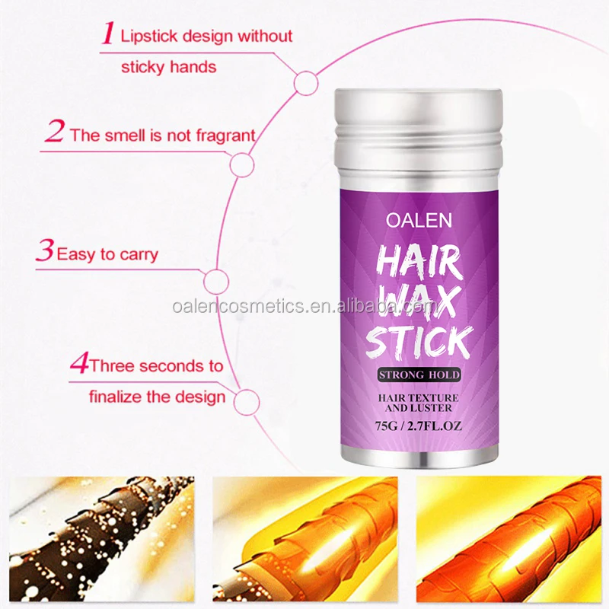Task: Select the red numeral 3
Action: coord(45,251)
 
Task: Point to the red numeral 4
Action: coord(78,364)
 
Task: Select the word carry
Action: coord(138,253)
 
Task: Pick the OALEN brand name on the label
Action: coord(419,220)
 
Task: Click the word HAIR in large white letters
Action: coord(419,263)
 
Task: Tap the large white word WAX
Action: coord(419,302)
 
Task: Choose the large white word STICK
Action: coord(419,343)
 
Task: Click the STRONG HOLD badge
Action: coord(419,375)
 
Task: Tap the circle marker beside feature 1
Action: coord(306,83)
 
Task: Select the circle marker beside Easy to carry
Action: coord(218,281)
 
